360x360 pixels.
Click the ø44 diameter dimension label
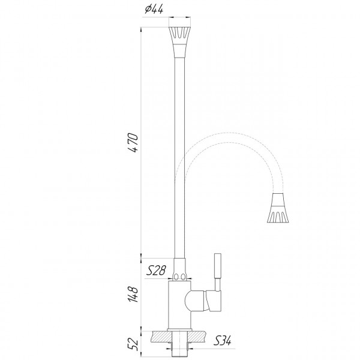(154, 9)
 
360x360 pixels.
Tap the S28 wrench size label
(157, 271)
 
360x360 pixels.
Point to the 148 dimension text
(134, 293)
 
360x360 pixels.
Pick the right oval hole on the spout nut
(185, 277)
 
